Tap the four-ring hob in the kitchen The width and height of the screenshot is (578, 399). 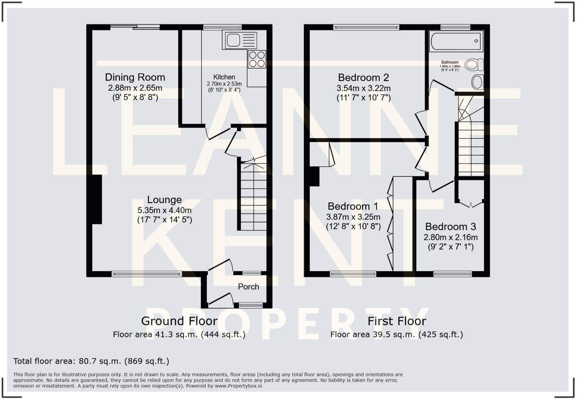(257, 59)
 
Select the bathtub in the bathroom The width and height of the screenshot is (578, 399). (456, 41)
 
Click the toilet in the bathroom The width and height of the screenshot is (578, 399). (474, 65)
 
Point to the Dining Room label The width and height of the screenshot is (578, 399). (135, 77)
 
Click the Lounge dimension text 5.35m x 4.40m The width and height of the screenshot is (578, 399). (164, 210)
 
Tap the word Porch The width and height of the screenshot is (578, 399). (248, 287)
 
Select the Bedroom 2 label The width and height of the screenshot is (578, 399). (363, 78)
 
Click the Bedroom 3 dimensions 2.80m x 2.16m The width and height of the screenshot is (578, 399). (450, 237)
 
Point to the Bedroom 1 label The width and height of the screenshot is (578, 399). (353, 206)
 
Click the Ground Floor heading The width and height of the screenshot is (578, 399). (179, 321)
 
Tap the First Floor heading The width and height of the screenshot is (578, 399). (397, 321)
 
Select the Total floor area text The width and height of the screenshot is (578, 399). (91, 361)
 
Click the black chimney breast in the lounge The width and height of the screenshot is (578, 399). (95, 199)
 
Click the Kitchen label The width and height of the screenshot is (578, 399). (224, 77)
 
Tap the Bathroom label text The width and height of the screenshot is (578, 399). (449, 62)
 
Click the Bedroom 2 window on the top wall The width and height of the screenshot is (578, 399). (366, 27)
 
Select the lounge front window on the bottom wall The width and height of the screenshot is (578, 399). (147, 274)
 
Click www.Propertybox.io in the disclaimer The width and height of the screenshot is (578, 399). (238, 386)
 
